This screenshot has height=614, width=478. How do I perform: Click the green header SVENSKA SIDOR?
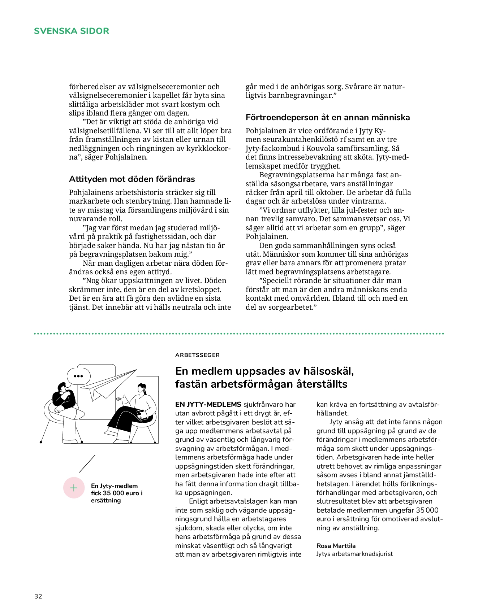[71, 31]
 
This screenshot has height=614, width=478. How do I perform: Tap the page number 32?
[38, 596]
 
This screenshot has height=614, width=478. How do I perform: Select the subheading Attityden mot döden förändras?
[132, 179]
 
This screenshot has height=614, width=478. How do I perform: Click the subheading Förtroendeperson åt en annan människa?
[328, 117]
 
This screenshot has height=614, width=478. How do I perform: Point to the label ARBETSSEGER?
[197, 355]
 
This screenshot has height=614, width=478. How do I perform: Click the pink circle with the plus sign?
[74, 488]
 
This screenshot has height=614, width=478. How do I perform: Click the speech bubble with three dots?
[78, 376]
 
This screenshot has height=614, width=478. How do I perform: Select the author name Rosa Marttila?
[336, 545]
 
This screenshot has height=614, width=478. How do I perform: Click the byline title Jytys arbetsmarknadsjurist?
[354, 554]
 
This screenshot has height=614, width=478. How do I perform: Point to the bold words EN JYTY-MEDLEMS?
[208, 404]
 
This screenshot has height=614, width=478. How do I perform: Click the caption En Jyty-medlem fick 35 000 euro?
[116, 493]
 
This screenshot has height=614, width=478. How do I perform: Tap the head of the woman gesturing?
[142, 388]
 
